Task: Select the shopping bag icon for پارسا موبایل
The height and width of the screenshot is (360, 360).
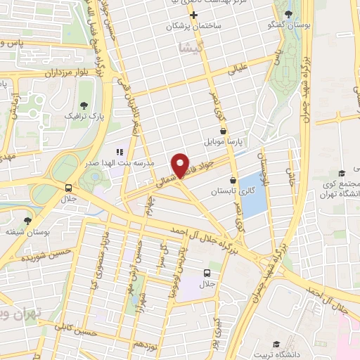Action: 223,131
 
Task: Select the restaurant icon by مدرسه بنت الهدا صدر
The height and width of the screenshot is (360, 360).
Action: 119,150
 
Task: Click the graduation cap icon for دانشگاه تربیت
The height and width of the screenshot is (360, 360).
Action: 277,344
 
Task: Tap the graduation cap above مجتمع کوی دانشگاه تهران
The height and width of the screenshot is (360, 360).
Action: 342,173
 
